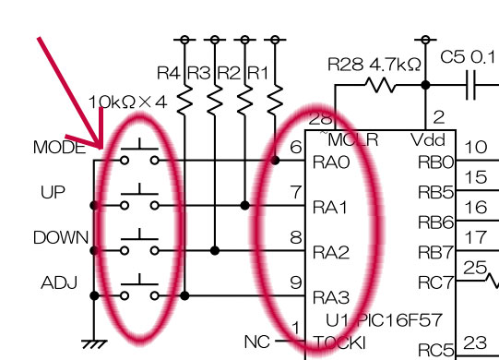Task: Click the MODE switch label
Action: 60,148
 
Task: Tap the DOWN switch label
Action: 61,237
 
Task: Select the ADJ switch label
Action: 59,282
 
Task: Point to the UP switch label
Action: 53,192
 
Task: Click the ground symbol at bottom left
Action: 94,344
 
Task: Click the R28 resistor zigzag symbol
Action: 380,85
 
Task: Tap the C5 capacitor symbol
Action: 470,85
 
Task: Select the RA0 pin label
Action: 331,162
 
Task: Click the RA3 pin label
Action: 331,298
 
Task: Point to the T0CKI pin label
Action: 339,343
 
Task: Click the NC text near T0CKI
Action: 257,342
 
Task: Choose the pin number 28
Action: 320,119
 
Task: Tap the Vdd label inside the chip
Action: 428,140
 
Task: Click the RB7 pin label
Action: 435,253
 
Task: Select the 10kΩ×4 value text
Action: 127,102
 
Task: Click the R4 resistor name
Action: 169,73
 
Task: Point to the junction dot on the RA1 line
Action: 244,206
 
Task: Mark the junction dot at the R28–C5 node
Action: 425,85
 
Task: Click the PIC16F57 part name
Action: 399,320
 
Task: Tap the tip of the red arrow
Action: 101,148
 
